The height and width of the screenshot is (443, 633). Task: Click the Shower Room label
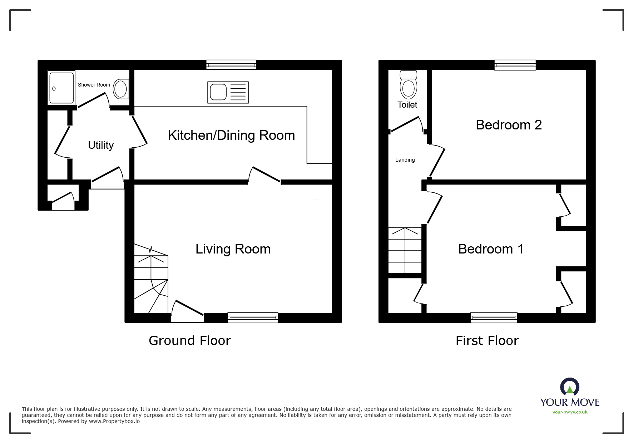point(94,85)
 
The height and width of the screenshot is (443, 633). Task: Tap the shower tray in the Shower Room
point(61,88)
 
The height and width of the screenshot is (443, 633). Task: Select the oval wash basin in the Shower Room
point(121,89)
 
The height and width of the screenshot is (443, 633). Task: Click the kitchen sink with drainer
point(228,93)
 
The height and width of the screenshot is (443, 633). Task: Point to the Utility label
point(101,145)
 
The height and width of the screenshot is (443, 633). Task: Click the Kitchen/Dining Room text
point(231,136)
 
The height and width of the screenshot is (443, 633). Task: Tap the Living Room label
point(233,249)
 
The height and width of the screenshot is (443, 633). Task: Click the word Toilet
point(407,105)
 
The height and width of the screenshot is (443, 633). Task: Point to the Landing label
point(405,160)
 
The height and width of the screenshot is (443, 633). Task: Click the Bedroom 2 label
point(508,125)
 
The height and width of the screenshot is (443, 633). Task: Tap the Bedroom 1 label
point(490,249)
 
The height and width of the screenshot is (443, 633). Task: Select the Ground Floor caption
point(189,341)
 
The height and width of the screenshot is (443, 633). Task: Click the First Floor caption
point(487,341)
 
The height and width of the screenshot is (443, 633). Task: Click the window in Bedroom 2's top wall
point(515,65)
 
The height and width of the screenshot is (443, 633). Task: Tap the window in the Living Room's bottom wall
point(253,318)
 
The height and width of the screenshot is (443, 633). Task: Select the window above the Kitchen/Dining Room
point(231,65)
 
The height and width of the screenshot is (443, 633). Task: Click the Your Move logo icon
point(569,387)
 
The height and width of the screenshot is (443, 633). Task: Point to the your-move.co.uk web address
point(570,412)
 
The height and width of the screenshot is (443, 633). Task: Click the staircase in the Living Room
point(151,279)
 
